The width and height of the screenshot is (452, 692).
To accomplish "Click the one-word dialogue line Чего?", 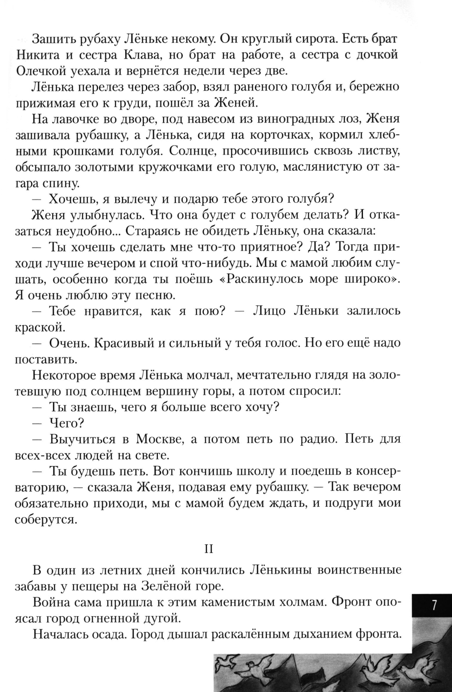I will coord(67,423).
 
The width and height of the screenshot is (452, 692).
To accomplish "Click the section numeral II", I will coord(208,549).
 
